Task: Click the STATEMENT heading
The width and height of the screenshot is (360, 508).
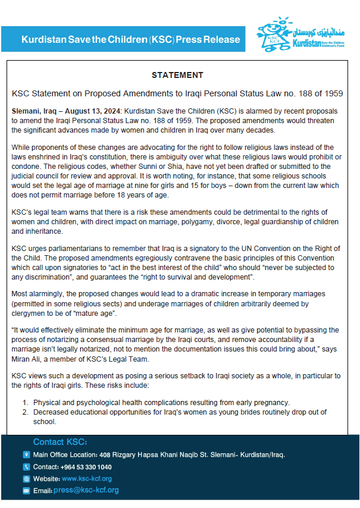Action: pos(177,76)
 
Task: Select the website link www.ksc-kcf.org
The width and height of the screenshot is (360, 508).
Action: pos(87,479)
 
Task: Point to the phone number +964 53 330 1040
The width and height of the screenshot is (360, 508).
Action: pos(86,467)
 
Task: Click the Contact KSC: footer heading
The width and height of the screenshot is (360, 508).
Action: pos(60,442)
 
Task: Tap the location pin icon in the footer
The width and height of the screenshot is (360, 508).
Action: pos(26,455)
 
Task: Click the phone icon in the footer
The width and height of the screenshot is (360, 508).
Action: pos(26,467)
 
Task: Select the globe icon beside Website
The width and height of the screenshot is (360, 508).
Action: pos(26,479)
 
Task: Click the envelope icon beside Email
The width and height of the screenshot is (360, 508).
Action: pos(26,491)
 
